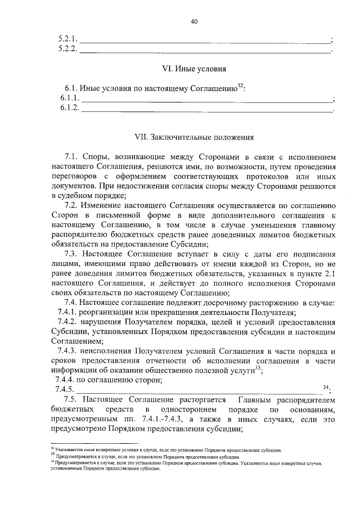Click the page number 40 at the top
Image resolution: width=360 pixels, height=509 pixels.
pyautogui.click(x=194, y=21)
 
